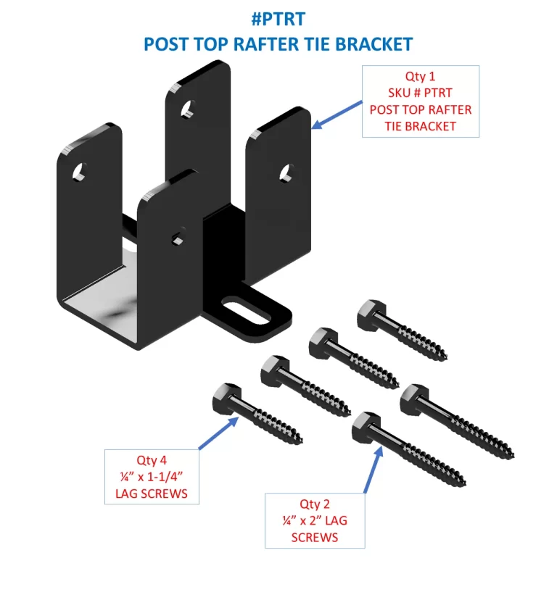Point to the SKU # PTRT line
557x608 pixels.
click(421, 93)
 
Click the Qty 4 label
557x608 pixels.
click(152, 460)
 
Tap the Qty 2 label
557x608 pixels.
click(315, 504)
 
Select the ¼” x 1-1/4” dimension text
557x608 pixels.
click(152, 477)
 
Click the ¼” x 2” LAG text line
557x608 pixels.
click(315, 521)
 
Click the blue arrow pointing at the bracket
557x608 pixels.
click(337, 115)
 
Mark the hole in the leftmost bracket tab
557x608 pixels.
click(79, 172)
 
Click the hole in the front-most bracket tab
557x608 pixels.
click(176, 238)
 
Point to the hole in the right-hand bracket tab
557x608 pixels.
click(286, 172)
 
